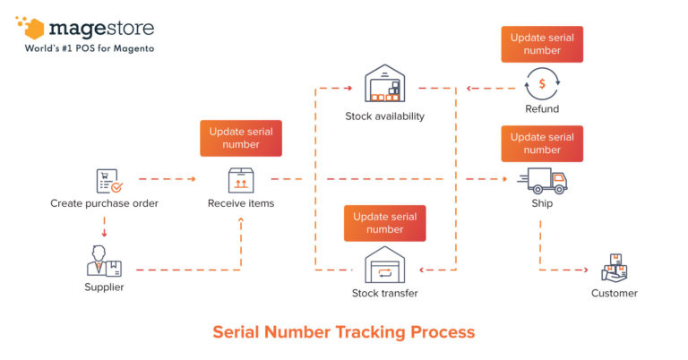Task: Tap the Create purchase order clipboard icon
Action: (107, 182)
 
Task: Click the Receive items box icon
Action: (240, 181)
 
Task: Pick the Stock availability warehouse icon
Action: (384, 85)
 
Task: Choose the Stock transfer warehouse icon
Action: (384, 266)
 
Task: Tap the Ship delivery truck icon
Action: (546, 182)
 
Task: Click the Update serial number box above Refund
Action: (542, 44)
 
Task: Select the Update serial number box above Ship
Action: (542, 143)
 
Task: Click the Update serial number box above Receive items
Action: (240, 138)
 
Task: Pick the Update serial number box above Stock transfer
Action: (384, 223)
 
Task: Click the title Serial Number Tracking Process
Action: (343, 332)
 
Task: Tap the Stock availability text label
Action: (384, 116)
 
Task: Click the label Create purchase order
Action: (104, 203)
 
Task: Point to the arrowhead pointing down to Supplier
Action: (105, 235)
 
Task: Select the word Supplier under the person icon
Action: (104, 287)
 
